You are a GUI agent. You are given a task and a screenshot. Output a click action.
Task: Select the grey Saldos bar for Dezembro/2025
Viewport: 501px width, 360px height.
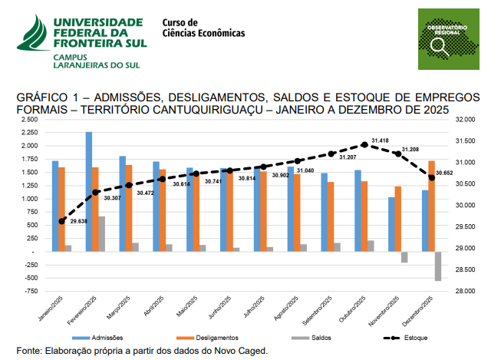coord(438,266)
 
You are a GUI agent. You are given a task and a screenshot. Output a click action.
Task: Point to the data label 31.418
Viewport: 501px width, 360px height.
coord(380,140)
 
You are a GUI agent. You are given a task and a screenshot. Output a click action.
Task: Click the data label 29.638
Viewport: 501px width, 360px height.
coord(79,221)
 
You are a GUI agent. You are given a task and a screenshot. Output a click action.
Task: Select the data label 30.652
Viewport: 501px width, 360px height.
coord(445,173)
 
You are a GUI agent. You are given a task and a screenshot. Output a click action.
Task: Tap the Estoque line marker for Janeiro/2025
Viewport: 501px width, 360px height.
coord(62,221)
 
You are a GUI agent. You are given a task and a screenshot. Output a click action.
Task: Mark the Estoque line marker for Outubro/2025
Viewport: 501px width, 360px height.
coord(364,144)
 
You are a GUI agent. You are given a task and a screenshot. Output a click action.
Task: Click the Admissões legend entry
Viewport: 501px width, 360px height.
coord(97,338)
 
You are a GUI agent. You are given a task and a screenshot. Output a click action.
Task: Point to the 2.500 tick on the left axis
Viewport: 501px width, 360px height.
coord(28,119)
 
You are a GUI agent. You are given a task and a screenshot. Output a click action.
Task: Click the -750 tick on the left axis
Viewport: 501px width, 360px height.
coord(30,292)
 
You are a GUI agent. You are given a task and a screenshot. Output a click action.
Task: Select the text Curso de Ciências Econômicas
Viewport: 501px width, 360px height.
coord(203,28)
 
